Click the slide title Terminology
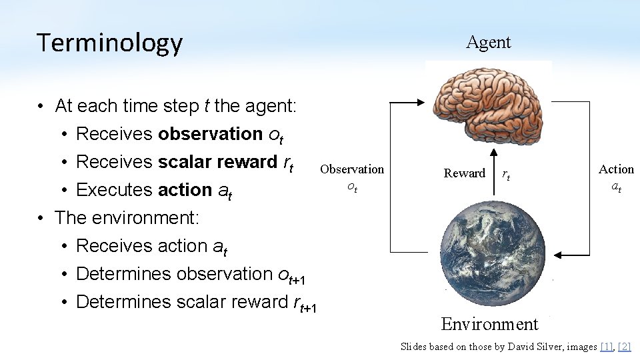click(109, 43)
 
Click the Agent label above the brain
click(488, 42)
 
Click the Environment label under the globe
click(489, 324)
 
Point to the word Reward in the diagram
click(464, 173)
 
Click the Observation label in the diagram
click(352, 169)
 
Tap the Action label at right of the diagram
click(616, 169)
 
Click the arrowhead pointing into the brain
click(420, 102)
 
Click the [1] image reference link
click(606, 346)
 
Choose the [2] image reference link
click(624, 346)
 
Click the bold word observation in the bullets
click(210, 134)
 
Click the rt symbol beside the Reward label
click(506, 175)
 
